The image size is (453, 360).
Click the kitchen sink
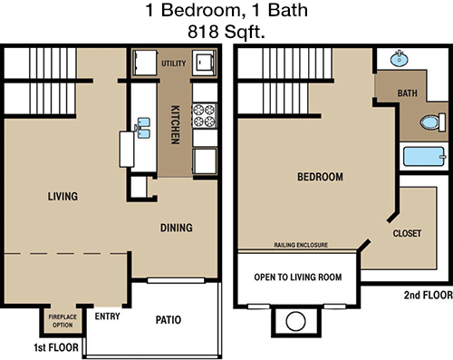click(x=143, y=128)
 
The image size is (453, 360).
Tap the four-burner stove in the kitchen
click(x=205, y=115)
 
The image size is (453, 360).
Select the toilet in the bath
click(x=433, y=122)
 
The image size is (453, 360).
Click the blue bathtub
click(x=424, y=157)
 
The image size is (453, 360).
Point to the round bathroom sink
click(x=399, y=59)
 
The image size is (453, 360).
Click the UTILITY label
click(x=173, y=63)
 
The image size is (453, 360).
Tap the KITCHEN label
click(x=176, y=124)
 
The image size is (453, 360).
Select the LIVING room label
click(x=63, y=197)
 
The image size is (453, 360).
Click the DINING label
click(x=177, y=228)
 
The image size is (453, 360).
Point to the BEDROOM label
click(x=320, y=177)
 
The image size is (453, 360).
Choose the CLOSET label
click(x=407, y=233)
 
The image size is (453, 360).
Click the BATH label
click(x=408, y=93)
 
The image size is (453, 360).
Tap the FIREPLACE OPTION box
click(x=63, y=321)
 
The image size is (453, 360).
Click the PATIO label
click(x=169, y=320)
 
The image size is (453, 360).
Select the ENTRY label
click(x=108, y=316)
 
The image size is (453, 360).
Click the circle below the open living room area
click(x=295, y=321)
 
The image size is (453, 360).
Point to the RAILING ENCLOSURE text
click(x=301, y=245)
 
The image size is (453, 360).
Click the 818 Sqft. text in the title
click(x=226, y=32)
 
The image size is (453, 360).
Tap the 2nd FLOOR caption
click(x=429, y=295)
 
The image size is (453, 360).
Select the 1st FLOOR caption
click(x=56, y=347)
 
